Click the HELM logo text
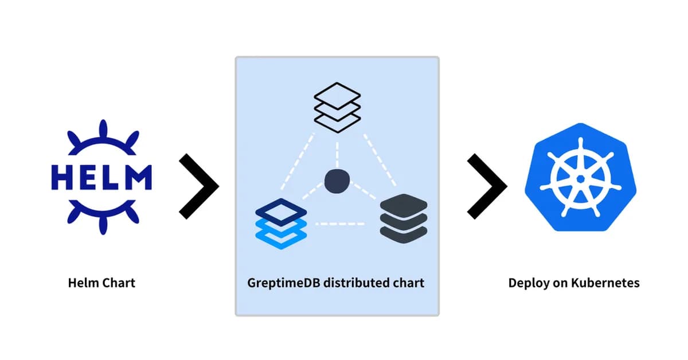[x=101, y=177]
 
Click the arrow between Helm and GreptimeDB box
[x=199, y=186]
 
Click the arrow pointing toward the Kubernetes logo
[x=487, y=186]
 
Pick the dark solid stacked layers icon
[x=404, y=218]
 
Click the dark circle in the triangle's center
[x=337, y=181]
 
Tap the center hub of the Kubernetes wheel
[x=580, y=179]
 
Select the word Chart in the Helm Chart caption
[x=119, y=283]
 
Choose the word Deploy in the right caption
[x=527, y=283]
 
